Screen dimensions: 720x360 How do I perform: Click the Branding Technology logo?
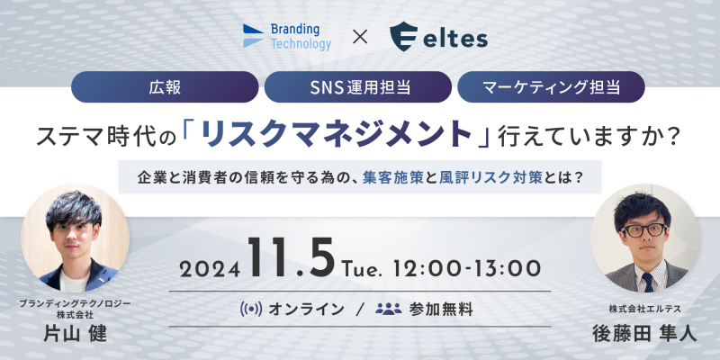286,37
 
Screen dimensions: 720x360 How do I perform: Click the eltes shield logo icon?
403,37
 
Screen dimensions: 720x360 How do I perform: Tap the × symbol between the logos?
360,37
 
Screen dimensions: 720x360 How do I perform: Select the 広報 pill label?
165,87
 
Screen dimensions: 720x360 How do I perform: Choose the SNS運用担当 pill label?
358,87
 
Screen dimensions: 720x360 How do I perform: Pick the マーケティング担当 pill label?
551,87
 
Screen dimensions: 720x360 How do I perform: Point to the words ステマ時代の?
106,137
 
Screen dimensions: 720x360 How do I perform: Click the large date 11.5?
291,256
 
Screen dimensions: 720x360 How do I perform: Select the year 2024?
210,269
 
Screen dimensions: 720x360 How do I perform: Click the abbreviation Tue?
364,269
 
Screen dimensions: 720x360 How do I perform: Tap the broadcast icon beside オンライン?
251,309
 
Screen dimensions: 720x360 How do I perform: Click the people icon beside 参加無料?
389,309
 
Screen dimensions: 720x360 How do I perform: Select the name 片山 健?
75,334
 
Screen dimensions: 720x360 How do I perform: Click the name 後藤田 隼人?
644,334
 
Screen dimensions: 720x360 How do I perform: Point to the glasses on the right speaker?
643,230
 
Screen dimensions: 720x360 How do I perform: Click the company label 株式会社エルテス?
644,310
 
